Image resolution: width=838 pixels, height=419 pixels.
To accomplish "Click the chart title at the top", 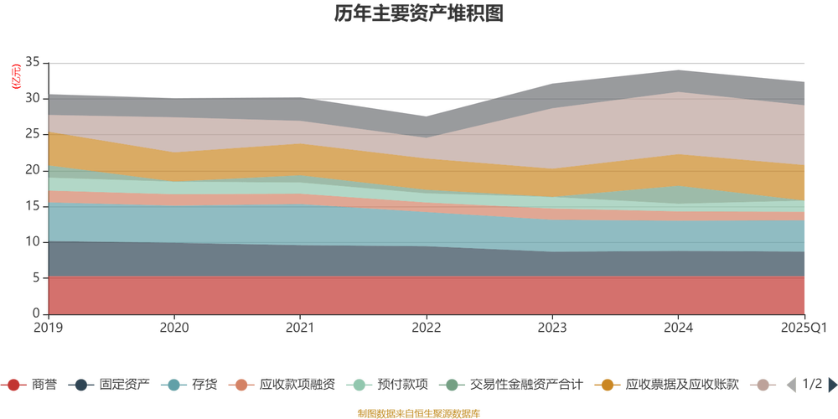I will tap(419, 14).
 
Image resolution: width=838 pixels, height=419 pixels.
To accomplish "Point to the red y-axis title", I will tap(14, 75).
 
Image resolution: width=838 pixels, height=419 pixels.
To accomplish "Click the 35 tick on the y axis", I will tap(34, 62).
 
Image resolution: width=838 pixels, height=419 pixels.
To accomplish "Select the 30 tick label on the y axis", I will tap(34, 98).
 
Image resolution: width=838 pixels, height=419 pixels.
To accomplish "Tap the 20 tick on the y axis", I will tap(34, 169).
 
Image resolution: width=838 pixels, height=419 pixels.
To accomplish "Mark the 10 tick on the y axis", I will tap(34, 241).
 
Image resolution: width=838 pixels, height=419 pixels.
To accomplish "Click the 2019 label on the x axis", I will tap(49, 327).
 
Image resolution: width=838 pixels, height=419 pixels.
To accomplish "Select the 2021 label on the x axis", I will tap(300, 327).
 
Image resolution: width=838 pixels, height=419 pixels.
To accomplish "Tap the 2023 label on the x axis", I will tap(552, 327).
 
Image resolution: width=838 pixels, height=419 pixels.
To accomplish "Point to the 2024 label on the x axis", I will tap(678, 327).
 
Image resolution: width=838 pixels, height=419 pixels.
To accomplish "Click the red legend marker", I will tap(13, 385).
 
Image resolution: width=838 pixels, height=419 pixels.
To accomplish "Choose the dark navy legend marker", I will tap(81, 385).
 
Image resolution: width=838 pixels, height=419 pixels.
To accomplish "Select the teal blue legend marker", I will tap(173, 385).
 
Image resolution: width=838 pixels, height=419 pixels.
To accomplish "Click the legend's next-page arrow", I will tap(831, 385).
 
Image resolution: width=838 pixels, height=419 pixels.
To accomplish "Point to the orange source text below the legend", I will tap(419, 411).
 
